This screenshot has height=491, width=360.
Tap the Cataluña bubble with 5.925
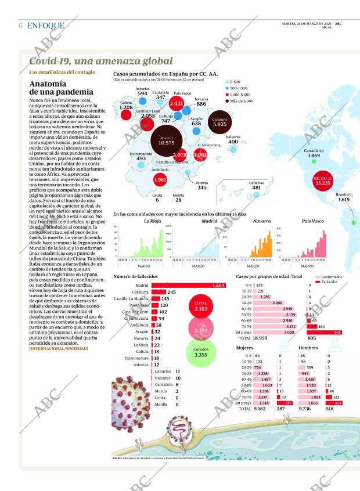click(x=219, y=121)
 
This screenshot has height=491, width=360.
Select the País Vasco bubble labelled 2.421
click(x=177, y=104)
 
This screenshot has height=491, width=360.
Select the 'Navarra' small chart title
click(x=262, y=221)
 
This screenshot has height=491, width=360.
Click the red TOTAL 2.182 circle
click(x=201, y=306)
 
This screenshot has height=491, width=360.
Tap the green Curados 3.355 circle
click(x=201, y=352)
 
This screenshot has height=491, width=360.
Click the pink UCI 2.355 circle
click(x=201, y=329)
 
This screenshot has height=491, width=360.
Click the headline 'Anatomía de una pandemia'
click(x=61, y=88)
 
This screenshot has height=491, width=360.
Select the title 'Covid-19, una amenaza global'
click(x=100, y=61)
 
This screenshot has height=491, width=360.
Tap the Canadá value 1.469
click(x=314, y=156)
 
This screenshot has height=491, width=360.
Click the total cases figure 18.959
click(x=260, y=338)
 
